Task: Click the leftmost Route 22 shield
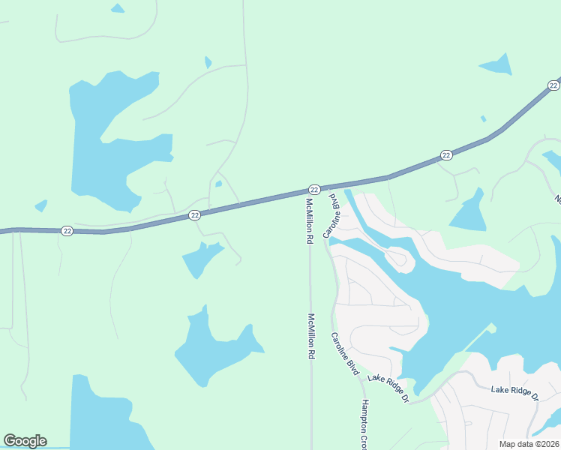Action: coord(67,230)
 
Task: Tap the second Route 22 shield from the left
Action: coord(194,215)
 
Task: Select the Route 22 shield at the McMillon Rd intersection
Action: coord(314,189)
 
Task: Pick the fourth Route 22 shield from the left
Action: coord(446,155)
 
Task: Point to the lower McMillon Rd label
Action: coord(310,336)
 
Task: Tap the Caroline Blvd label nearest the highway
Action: coord(331,215)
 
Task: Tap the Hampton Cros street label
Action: coord(361,424)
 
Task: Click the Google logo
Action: coord(25,441)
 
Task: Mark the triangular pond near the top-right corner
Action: coord(497,66)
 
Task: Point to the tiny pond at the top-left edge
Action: coord(117,8)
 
